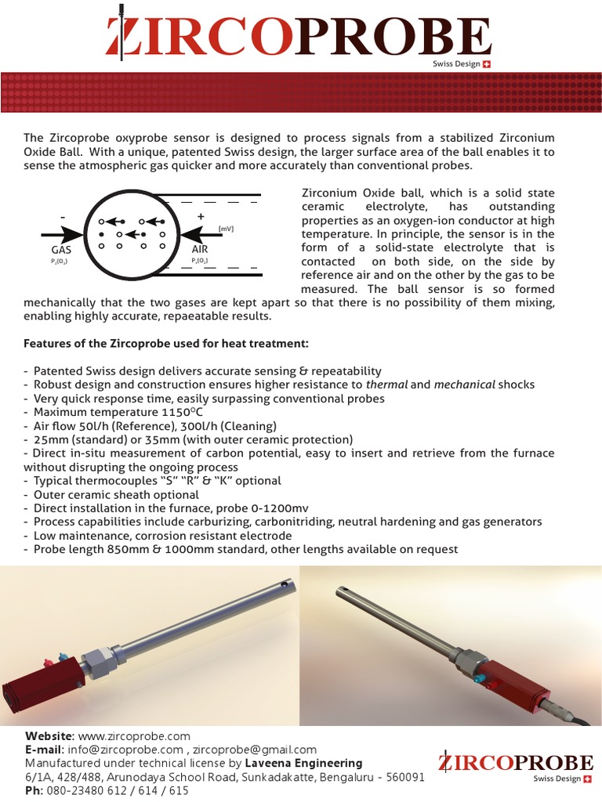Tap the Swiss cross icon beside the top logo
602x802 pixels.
point(487,64)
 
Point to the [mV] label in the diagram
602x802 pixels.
point(226,229)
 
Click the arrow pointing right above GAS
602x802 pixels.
point(61,233)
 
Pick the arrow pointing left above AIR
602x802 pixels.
point(200,233)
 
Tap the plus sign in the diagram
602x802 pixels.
point(201,215)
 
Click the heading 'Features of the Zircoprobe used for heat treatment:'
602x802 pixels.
point(166,344)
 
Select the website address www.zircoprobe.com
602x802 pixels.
point(134,736)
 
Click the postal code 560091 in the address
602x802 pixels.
point(401,777)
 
